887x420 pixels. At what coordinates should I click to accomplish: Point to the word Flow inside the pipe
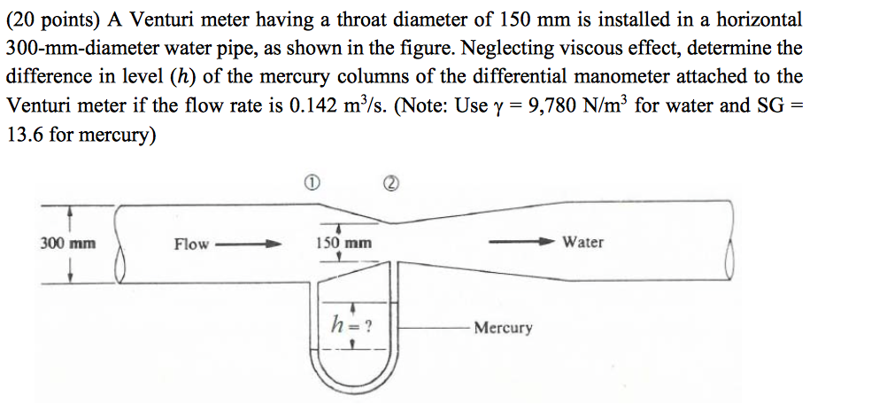(192, 244)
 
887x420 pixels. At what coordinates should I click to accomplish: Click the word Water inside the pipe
(583, 242)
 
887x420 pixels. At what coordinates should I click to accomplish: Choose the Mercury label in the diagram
(503, 328)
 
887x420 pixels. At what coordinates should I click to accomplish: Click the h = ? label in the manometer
(351, 324)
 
